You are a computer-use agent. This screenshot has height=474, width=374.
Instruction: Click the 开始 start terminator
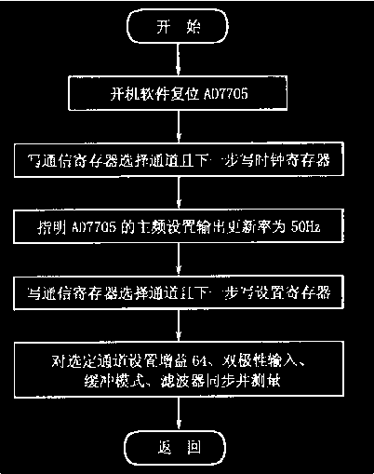[187, 31]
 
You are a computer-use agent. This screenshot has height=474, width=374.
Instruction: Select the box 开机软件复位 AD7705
[187, 94]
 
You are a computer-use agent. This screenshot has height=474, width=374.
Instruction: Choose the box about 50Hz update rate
[187, 226]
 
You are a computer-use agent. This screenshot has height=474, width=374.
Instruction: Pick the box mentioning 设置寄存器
[187, 292]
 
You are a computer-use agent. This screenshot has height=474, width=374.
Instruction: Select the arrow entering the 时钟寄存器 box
[187, 128]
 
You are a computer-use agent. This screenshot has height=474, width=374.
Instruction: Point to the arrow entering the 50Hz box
[187, 194]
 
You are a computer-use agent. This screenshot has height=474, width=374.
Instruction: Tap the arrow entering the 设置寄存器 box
[187, 260]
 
